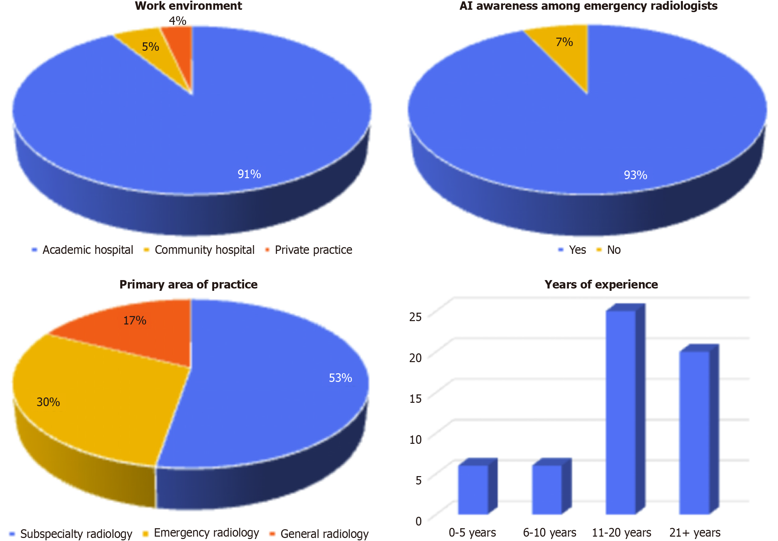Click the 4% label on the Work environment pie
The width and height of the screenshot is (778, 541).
coord(178,21)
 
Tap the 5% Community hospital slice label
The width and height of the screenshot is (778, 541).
coord(150,47)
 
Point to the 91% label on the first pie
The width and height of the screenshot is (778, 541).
coord(249,174)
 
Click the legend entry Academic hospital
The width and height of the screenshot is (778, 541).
coord(87,250)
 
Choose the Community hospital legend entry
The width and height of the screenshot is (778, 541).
coord(204,250)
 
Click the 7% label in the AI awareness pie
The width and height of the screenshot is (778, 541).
coord(564,42)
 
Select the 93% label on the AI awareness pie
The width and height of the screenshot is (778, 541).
coord(635,175)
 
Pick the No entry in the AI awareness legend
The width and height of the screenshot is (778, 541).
coord(613,250)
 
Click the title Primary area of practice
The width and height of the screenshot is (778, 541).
coord(188,284)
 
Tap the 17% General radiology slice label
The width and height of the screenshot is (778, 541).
coord(134,320)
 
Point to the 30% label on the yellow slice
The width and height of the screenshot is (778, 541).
coord(48,402)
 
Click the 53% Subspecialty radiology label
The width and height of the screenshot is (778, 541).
coord(340,378)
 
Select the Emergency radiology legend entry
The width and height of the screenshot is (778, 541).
coord(206,533)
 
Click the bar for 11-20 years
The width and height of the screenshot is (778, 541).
coord(621,412)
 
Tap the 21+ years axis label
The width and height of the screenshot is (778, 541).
coord(695,533)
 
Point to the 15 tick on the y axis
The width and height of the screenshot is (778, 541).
coord(416,399)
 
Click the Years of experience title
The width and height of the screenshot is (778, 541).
coord(601,284)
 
